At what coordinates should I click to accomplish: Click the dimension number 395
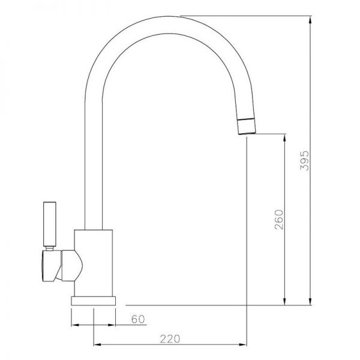pyautogui.click(x=305, y=160)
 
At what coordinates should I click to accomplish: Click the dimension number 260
pyautogui.click(x=279, y=220)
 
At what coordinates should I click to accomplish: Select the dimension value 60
pyautogui.click(x=138, y=319)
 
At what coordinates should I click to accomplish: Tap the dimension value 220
pyautogui.click(x=170, y=339)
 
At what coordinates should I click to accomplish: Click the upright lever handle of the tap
pyautogui.click(x=50, y=224)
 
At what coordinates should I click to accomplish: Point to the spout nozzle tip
pyautogui.click(x=247, y=127)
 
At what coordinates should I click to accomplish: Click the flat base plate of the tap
pyautogui.click(x=93, y=301)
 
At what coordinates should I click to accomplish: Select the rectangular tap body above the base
pyautogui.click(x=94, y=263)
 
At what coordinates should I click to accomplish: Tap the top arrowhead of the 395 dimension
pyautogui.click(x=310, y=20)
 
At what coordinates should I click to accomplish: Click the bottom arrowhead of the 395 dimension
pyautogui.click(x=310, y=301)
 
